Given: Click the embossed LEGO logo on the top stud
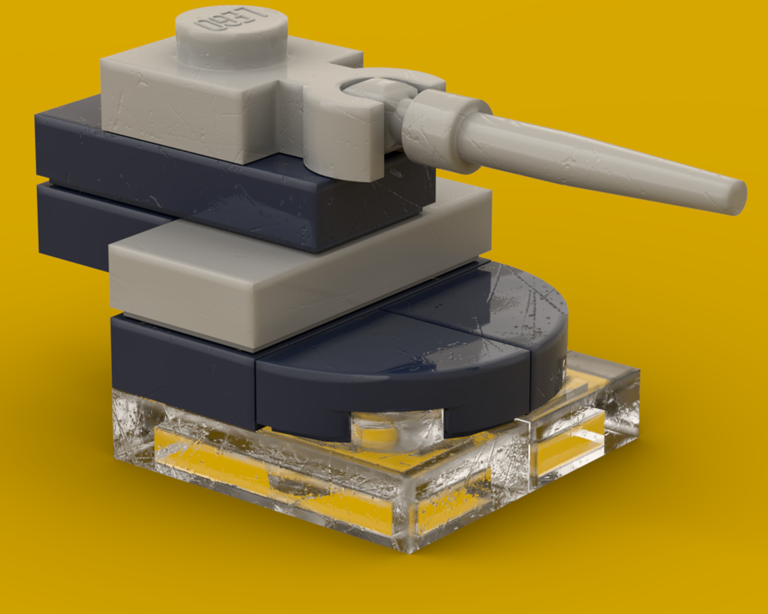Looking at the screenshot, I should coord(229,22).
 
